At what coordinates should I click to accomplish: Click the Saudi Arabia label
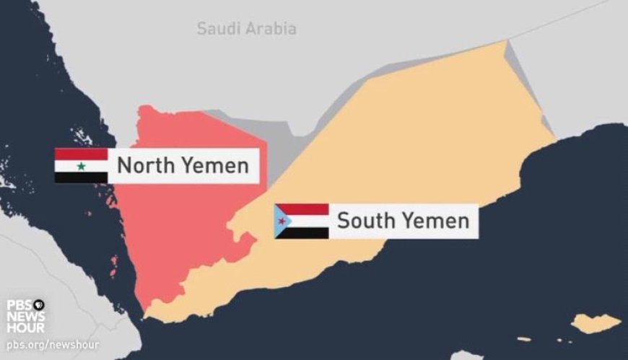pos(246,29)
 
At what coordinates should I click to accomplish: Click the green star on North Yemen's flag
pos(81,167)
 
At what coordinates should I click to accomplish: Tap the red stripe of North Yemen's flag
pos(81,154)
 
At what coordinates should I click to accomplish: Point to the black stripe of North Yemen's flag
pos(81,177)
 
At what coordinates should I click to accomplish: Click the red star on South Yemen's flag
pos(281,221)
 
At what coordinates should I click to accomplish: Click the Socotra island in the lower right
pos(596,323)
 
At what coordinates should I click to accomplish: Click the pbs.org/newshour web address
pos(53,345)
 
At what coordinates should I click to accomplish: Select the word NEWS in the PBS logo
pos(26,317)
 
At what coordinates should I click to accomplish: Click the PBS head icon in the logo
pos(39,305)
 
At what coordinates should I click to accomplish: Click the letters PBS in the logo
pos(19,305)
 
